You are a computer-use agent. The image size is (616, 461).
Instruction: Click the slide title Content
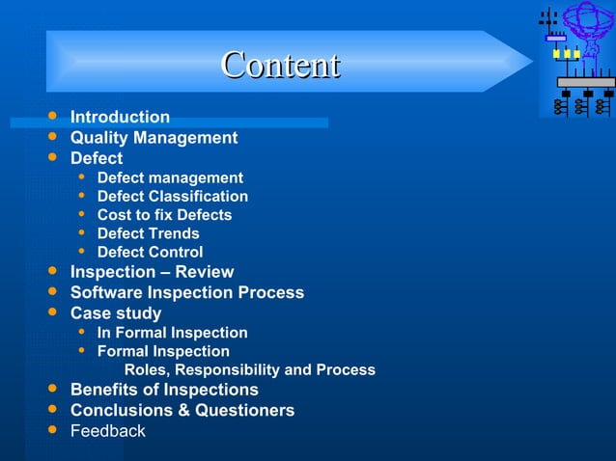coord(280,65)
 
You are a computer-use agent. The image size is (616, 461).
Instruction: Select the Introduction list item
coord(120,117)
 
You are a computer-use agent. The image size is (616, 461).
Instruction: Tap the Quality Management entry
coord(154,137)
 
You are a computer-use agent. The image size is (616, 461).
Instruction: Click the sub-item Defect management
coord(170,177)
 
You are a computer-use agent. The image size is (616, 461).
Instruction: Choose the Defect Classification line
coord(172,196)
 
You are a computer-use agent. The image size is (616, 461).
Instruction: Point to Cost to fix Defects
coord(164,215)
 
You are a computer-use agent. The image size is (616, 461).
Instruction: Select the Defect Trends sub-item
coord(148,233)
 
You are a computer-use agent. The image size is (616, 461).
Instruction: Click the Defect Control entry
coord(150,253)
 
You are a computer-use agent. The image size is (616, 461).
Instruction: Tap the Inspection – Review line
coord(152,272)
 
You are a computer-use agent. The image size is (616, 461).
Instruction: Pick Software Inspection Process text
coord(186,292)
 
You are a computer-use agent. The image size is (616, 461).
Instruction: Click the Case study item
coord(116,313)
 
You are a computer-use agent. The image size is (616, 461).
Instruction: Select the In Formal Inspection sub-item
coord(172,333)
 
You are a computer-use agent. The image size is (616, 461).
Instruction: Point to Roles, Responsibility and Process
coord(250,370)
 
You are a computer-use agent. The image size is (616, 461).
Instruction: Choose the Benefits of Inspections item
coord(164,390)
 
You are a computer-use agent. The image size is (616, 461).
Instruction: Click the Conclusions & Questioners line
coord(182,411)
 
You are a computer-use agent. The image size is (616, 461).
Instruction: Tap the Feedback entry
coord(107,431)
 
